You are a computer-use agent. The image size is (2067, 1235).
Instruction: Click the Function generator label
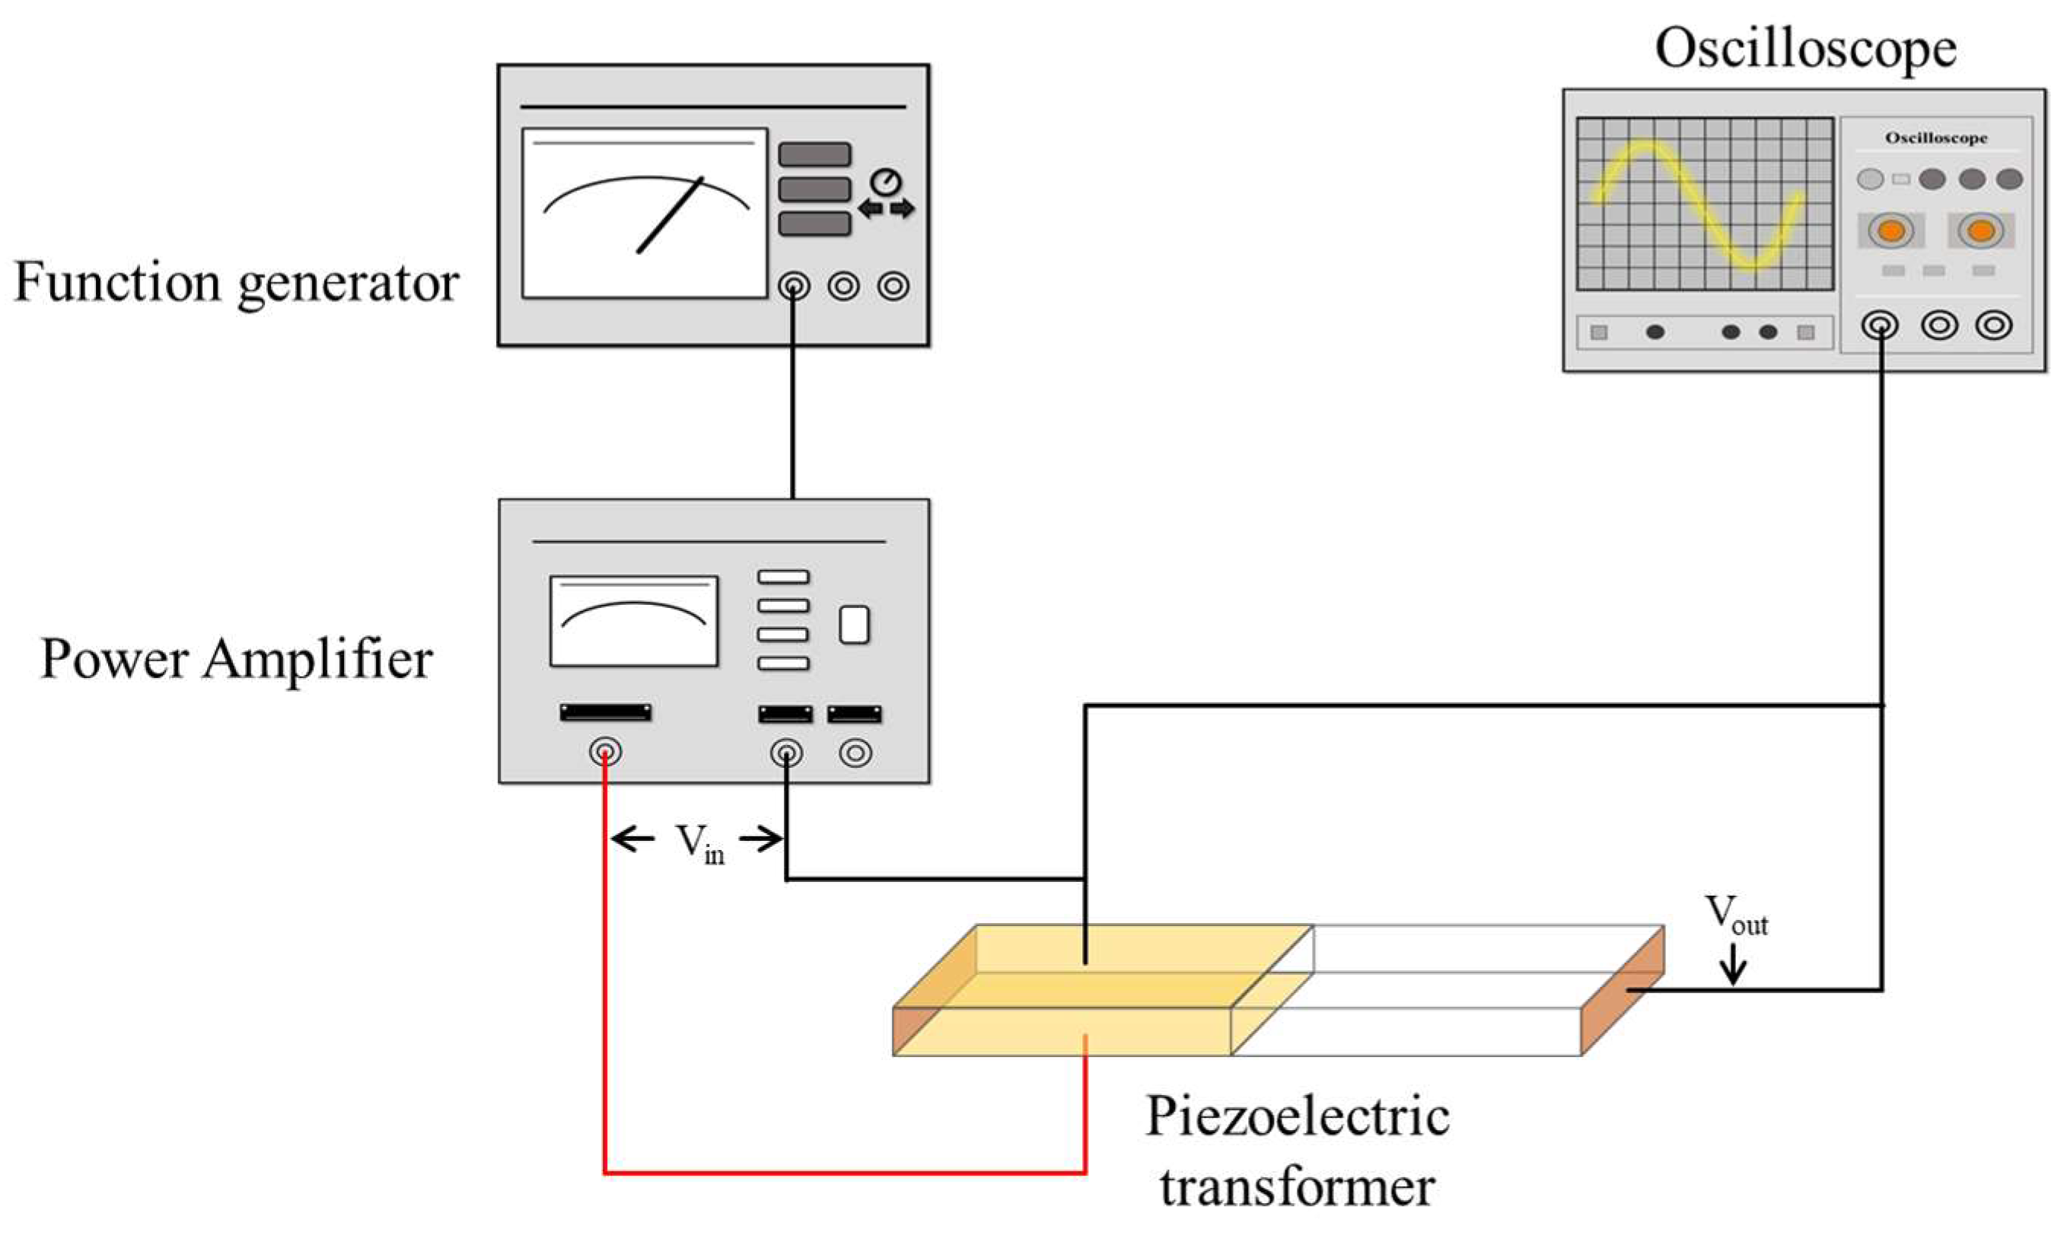pyautogui.click(x=237, y=283)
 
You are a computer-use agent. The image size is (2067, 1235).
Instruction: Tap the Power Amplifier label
pyautogui.click(x=237, y=659)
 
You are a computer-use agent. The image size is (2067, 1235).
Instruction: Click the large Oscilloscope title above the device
pyautogui.click(x=1805, y=48)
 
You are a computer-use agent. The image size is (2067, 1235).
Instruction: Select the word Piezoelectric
pyautogui.click(x=1298, y=1117)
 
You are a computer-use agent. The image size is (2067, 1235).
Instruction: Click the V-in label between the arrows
pyautogui.click(x=699, y=842)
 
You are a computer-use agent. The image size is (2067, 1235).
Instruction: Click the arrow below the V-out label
pyautogui.click(x=1734, y=966)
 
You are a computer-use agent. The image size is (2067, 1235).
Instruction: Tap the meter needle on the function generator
pyautogui.click(x=670, y=215)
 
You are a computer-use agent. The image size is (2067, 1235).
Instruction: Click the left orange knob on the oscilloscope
pyautogui.click(x=1891, y=231)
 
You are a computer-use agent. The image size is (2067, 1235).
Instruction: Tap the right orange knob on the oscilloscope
pyautogui.click(x=1980, y=231)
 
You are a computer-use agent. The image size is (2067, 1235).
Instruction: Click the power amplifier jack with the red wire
pyautogui.click(x=605, y=753)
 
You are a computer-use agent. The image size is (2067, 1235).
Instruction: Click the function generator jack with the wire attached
pyautogui.click(x=793, y=286)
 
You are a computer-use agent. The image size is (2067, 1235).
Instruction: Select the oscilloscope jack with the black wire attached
pyautogui.click(x=1881, y=326)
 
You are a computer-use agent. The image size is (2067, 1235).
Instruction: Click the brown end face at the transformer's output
pyautogui.click(x=1622, y=990)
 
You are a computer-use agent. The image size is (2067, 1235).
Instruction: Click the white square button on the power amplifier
pyautogui.click(x=854, y=625)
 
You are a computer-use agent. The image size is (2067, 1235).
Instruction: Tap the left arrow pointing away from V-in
pyautogui.click(x=632, y=838)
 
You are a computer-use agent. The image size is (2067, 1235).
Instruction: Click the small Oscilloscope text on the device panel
pyautogui.click(x=1935, y=138)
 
